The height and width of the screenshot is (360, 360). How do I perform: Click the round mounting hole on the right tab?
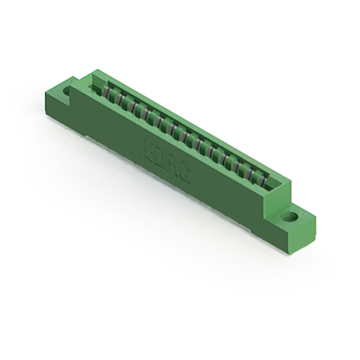coord(290,216)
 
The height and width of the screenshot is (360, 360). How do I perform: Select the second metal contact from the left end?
coord(119,98)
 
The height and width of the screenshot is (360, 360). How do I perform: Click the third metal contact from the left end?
coord(130,105)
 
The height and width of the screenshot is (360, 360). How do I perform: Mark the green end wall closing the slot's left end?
coord(93,79)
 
